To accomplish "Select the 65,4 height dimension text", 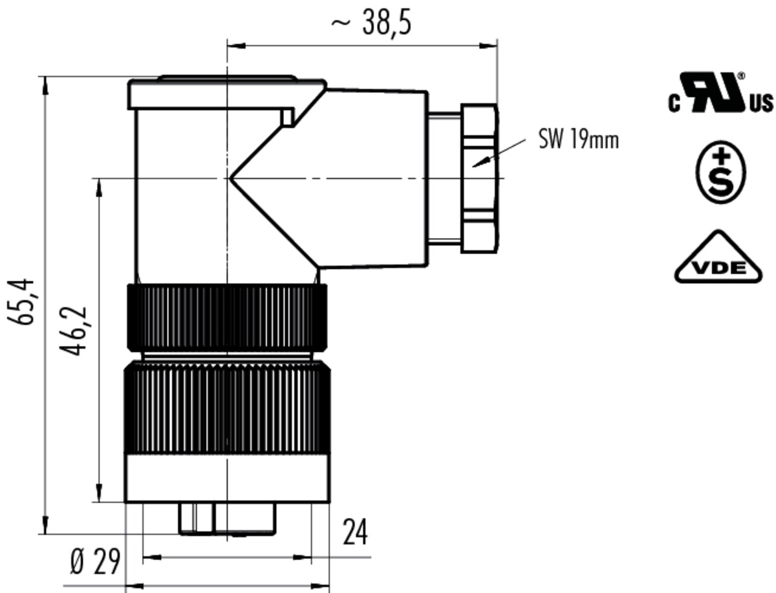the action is (21, 301).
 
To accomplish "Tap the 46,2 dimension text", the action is (73, 330).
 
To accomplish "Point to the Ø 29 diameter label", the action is (95, 561).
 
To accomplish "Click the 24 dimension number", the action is (355, 532).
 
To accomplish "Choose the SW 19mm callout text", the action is (578, 140).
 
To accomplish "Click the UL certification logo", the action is (720, 92).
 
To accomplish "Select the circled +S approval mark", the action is (720, 172).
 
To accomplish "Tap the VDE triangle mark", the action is (718, 257).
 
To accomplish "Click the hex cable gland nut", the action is (480, 178).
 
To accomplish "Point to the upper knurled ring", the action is (227, 318).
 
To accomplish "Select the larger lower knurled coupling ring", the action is (228, 407).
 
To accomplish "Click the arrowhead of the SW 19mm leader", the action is (475, 166).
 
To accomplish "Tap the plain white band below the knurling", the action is (228, 478).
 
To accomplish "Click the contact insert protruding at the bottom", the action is (228, 519).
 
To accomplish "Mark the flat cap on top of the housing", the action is (227, 93).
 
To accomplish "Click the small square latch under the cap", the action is (286, 116).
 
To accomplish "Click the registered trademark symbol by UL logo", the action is (741, 76).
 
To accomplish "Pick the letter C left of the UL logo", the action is (674, 103).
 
